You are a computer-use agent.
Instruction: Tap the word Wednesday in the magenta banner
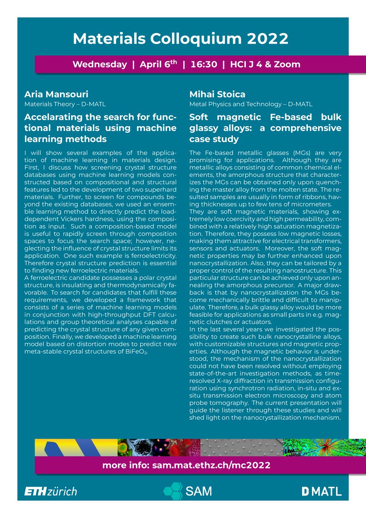tap(99, 64)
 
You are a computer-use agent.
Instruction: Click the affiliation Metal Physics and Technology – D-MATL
tap(251, 104)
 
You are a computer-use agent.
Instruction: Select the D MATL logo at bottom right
tap(321, 491)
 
